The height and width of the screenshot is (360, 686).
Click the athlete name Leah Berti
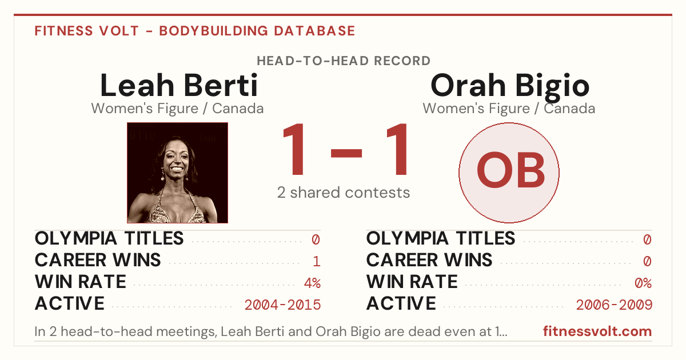point(179,85)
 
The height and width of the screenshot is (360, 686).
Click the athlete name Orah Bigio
point(509,87)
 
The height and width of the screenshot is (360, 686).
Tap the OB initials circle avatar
point(509,173)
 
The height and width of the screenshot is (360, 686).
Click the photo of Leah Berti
point(177,173)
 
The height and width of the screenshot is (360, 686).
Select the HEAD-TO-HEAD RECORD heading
point(344,61)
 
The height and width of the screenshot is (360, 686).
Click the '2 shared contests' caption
point(344,193)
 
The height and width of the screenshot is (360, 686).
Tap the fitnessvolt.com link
point(597,331)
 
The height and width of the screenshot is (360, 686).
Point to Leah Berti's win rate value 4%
point(312,283)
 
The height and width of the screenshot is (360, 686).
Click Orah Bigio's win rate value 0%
point(643,283)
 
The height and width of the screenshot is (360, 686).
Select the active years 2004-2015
point(282,305)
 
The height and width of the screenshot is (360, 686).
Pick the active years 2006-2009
point(614,305)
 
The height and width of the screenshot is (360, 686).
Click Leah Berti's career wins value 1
point(317,262)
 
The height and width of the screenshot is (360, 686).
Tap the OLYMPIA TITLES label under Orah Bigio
point(441,238)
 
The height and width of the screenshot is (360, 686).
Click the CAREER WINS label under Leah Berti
point(98,260)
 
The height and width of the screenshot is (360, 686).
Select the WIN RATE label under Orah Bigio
point(412,282)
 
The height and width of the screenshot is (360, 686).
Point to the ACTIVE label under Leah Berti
point(70,303)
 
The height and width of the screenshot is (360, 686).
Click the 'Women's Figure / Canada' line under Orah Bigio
point(509,109)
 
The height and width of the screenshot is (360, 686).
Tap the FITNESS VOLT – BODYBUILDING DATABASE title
point(195,31)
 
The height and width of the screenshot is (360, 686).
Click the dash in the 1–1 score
point(346,153)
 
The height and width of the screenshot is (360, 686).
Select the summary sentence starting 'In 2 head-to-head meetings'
point(271,331)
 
